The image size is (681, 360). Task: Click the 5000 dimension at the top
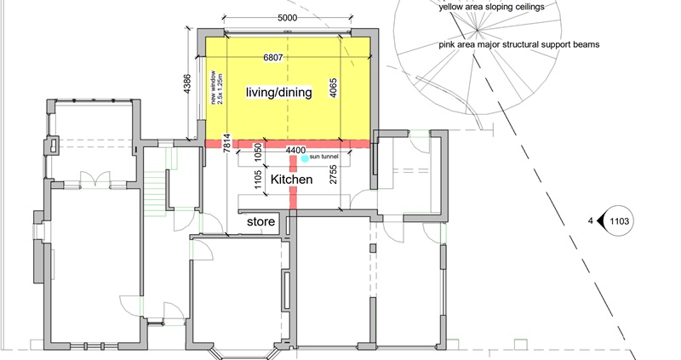287,18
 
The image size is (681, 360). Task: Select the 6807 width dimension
273,57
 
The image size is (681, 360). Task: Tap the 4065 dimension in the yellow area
334,88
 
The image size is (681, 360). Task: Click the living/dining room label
279,92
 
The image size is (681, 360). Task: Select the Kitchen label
291,180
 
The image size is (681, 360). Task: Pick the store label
260,221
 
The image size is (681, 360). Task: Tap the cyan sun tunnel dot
305,158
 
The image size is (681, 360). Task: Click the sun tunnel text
323,157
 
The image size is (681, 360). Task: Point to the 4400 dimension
295,151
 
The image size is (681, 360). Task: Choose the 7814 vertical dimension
226,143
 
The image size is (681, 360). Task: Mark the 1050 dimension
258,152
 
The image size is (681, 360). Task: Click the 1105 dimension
258,180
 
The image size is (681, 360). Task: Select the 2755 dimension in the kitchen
334,174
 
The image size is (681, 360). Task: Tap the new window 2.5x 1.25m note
216,87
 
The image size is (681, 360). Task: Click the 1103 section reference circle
620,221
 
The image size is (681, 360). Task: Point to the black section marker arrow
601,221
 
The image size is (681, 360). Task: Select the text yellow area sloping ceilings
491,7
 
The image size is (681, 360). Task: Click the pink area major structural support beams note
519,44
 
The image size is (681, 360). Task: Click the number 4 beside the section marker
590,221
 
